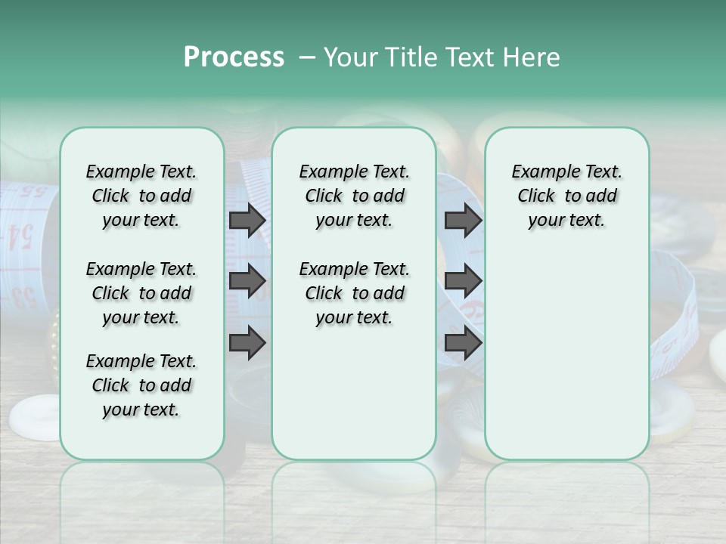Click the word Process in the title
(x=234, y=57)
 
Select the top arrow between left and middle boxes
(x=247, y=220)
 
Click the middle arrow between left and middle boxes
(x=247, y=281)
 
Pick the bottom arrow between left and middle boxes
(x=247, y=343)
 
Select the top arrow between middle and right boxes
(x=463, y=220)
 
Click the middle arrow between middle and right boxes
(x=463, y=281)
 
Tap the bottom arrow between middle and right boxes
(x=463, y=343)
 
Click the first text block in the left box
(x=141, y=196)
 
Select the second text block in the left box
(x=141, y=293)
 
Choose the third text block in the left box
(x=141, y=385)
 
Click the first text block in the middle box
(x=354, y=196)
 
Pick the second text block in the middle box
(x=354, y=293)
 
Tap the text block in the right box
(x=566, y=196)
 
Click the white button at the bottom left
(x=34, y=417)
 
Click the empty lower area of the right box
(x=566, y=363)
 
